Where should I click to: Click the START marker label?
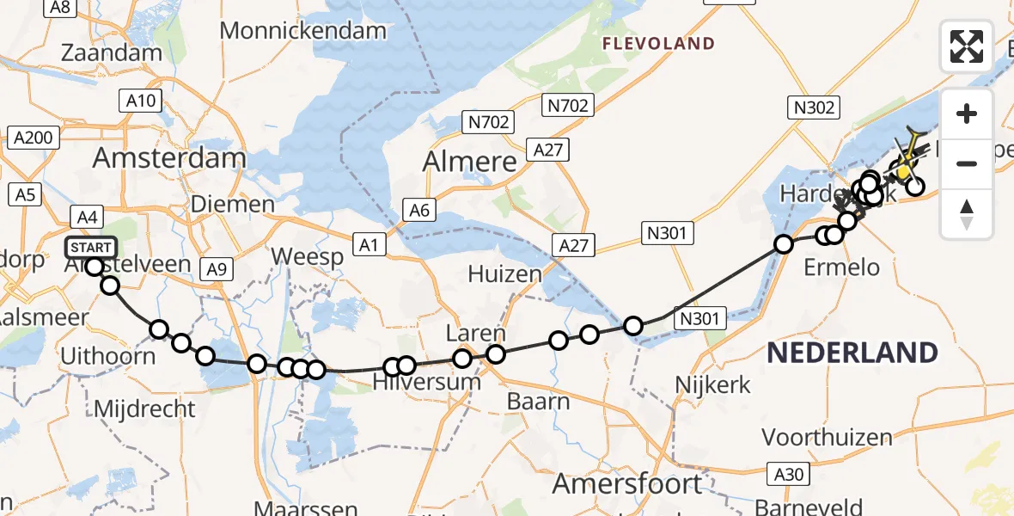(x=90, y=249)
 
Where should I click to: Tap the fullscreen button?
(x=967, y=46)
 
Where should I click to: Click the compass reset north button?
(x=967, y=215)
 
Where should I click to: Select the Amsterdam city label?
(x=169, y=158)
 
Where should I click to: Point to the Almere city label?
(x=469, y=162)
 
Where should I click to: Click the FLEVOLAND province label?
(x=658, y=44)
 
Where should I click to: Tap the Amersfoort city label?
(x=627, y=484)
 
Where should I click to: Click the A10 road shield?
(x=142, y=101)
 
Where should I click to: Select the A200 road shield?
(x=33, y=138)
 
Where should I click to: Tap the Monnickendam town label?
(x=303, y=31)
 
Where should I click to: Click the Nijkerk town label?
(x=713, y=384)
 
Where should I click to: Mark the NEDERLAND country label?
(x=852, y=353)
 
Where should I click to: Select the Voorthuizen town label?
(x=827, y=438)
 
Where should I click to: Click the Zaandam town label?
(x=112, y=52)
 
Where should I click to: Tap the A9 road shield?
(x=217, y=269)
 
